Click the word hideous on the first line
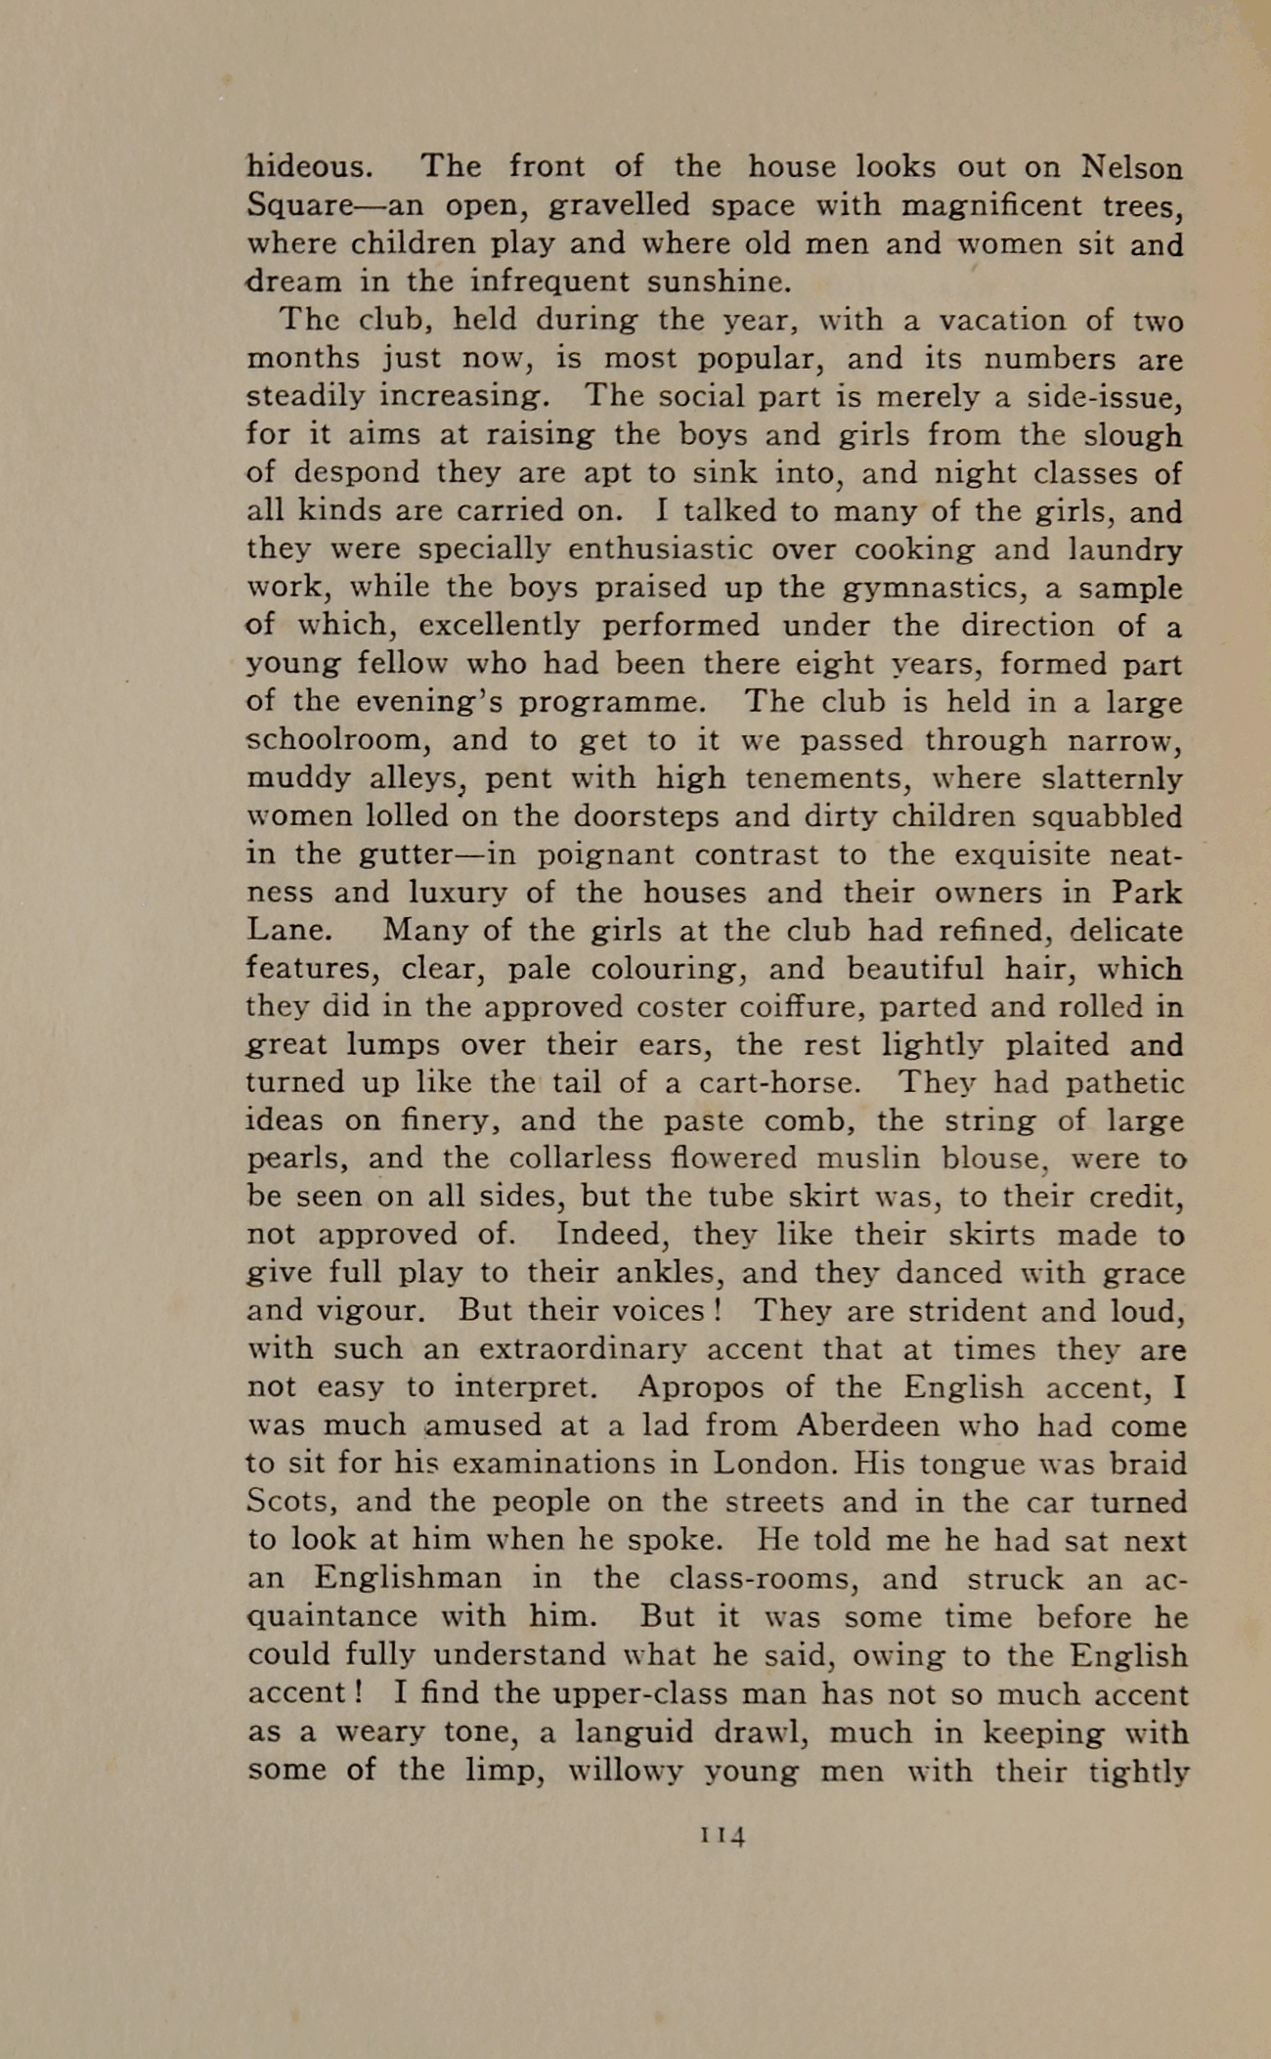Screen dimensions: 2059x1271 coord(308,166)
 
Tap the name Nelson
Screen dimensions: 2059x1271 coord(1132,167)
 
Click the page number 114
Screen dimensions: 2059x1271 coord(723,1835)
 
